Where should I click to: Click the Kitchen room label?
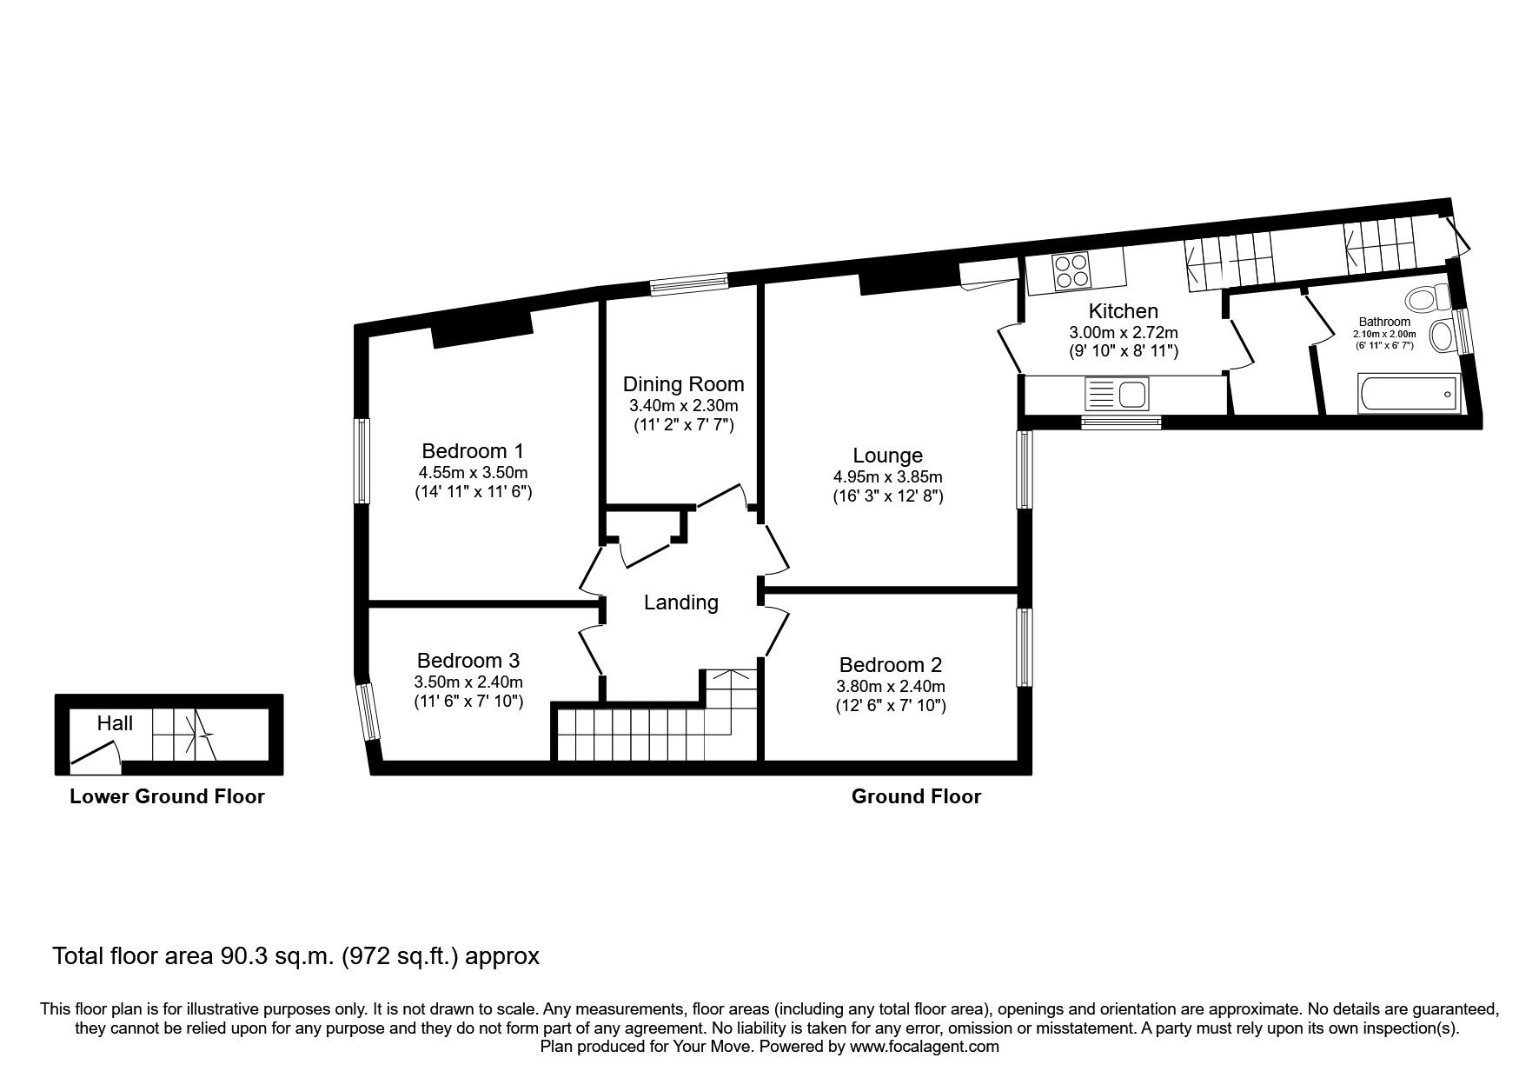(1123, 311)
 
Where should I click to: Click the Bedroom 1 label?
(473, 451)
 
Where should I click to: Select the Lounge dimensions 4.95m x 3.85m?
(887, 476)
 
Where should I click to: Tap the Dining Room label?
(683, 384)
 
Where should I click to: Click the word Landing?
(680, 602)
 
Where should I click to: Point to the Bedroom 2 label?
(891, 665)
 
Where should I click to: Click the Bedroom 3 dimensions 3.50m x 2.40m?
(468, 682)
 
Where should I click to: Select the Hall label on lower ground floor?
(115, 723)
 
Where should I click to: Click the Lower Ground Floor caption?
(167, 796)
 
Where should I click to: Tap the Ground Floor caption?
(916, 796)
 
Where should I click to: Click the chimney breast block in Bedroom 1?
(482, 329)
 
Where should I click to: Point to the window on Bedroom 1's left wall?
(362, 461)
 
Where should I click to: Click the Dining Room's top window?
(689, 283)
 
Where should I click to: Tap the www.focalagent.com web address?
(924, 1047)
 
